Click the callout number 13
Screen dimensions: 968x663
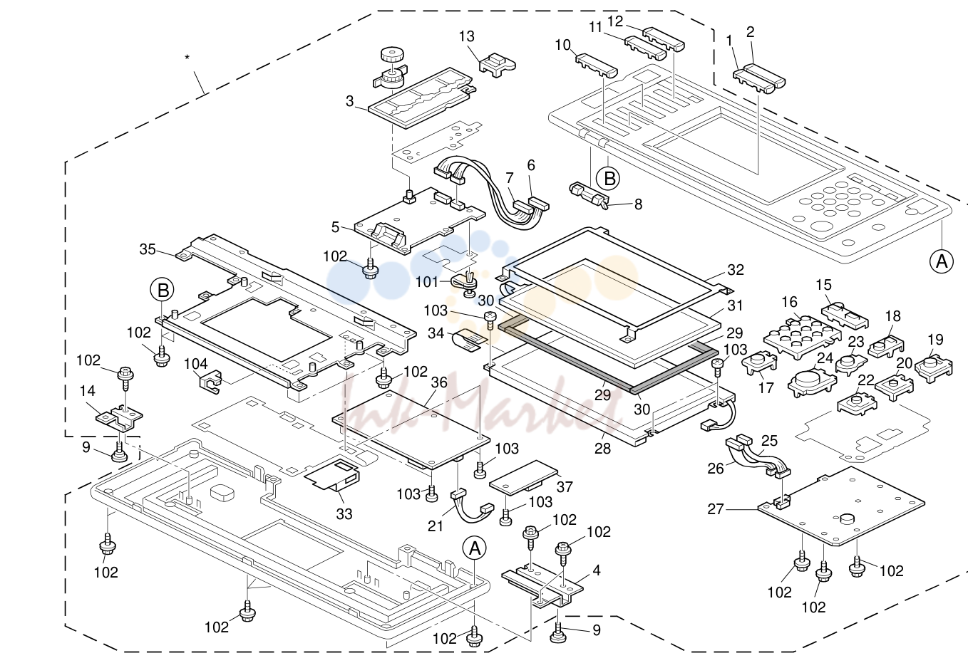466,36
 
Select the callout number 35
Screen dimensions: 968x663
148,249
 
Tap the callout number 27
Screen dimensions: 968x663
716,509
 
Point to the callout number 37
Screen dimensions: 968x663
565,487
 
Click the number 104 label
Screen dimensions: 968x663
196,365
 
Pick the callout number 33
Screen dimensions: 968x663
344,514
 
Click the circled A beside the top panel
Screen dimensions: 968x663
941,261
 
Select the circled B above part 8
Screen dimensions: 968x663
607,178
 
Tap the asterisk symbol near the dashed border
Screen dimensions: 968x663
187,57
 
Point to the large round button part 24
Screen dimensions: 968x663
812,382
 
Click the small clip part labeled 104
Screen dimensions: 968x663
211,382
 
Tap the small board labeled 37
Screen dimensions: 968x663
523,477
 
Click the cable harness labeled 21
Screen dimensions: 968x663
471,506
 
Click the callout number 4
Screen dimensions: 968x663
597,570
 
